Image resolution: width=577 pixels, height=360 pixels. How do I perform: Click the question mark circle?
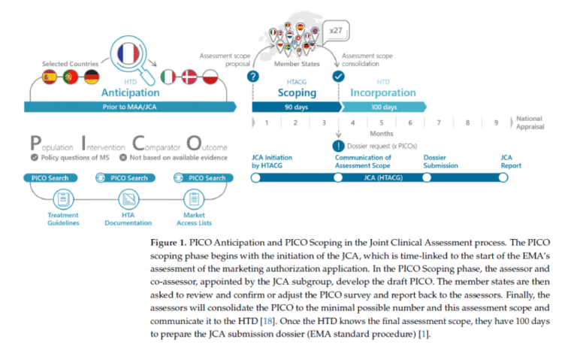(254, 77)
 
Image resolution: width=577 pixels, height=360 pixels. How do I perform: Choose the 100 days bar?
(383, 107)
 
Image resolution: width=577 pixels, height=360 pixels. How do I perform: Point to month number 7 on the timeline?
(439, 123)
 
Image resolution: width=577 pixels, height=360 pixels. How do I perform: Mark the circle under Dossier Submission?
(427, 178)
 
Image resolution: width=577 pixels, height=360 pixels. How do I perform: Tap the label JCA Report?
(511, 162)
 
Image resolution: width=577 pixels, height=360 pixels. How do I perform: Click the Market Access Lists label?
(194, 219)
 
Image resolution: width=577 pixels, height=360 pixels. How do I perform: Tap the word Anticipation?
(131, 92)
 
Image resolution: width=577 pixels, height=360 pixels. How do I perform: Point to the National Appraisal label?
(529, 123)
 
